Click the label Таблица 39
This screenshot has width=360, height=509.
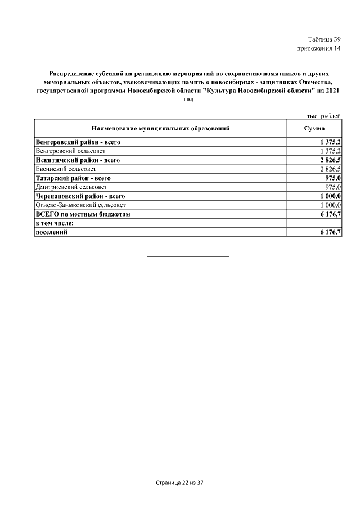325,39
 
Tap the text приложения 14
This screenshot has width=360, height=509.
319,48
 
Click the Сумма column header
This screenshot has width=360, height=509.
315,129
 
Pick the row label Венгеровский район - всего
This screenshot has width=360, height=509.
78,142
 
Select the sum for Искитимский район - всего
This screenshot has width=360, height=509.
329,160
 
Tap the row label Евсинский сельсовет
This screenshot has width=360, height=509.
66,169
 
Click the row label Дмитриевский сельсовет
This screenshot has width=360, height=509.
71,187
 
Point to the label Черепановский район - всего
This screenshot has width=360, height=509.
80,196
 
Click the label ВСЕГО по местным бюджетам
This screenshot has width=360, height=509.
83,214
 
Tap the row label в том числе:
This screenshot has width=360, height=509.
55,223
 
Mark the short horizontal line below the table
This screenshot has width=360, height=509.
188,256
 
